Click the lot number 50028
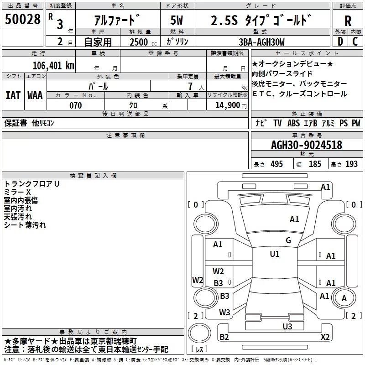point(22,19)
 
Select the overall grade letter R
point(348,21)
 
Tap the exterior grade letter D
point(340,42)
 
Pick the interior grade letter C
point(355,42)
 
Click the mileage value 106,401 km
point(53,66)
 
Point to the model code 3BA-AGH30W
point(261,42)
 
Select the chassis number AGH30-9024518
point(307,145)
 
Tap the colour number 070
point(75,105)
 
